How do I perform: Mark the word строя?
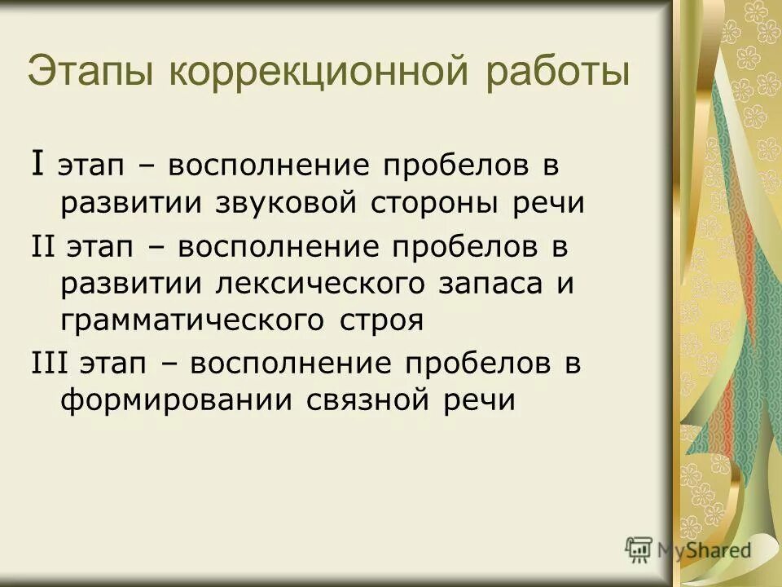[x=381, y=320]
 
